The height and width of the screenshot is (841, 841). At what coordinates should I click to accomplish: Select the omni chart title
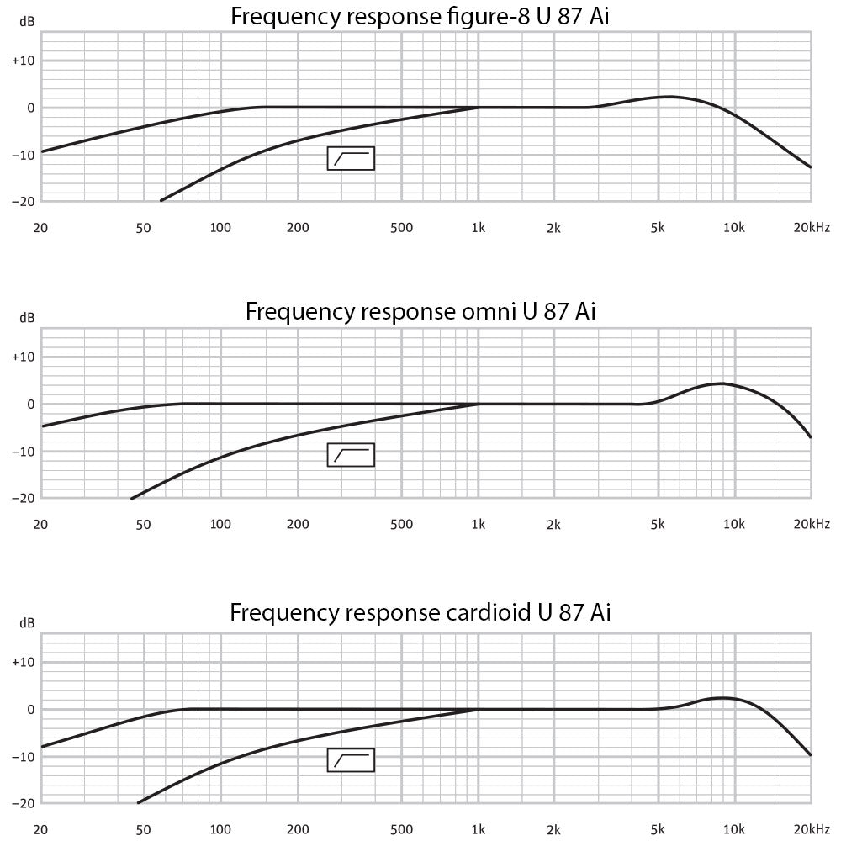tap(420, 312)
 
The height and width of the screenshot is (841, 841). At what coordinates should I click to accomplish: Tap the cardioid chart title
tap(420, 612)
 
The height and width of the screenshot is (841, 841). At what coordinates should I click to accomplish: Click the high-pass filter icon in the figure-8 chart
tap(351, 158)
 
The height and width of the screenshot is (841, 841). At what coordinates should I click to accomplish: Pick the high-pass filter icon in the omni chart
tap(351, 455)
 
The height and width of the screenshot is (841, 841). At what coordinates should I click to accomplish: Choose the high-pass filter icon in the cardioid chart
tap(351, 760)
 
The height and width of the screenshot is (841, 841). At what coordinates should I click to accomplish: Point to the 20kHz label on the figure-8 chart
tap(811, 227)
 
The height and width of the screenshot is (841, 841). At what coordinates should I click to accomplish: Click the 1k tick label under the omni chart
tap(479, 524)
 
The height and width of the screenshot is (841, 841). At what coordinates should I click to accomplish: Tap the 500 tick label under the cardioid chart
tap(402, 828)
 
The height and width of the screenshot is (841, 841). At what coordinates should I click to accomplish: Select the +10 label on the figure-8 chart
tap(23, 61)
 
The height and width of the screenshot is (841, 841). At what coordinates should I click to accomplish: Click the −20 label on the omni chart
tap(23, 498)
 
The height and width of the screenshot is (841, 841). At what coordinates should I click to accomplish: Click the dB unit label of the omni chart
tap(27, 318)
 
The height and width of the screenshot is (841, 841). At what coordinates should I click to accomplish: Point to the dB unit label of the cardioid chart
tap(27, 623)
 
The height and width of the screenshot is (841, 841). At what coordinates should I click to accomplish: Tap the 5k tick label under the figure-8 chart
tap(658, 227)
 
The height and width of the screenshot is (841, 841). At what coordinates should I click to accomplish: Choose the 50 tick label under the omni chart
tap(143, 524)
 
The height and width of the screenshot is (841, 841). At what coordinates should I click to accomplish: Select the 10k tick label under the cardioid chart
tap(734, 828)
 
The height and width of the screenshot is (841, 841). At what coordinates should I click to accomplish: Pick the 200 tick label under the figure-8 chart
tap(298, 227)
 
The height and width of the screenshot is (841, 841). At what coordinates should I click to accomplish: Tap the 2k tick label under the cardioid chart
tap(553, 828)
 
